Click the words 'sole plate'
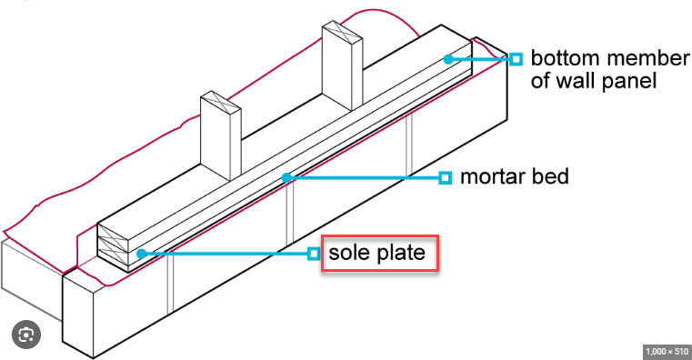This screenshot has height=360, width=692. [376, 253]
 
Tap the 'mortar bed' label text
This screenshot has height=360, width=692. [514, 176]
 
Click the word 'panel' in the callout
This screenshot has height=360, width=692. [632, 82]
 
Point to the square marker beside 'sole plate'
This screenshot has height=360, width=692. [314, 254]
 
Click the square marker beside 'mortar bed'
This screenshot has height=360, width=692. [446, 178]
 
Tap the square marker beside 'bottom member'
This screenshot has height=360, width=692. [516, 59]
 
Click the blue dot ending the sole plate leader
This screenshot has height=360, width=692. [141, 254]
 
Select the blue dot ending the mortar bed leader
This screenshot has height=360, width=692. [286, 177]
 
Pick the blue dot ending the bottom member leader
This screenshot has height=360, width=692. [448, 59]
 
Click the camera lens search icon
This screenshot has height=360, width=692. [26, 335]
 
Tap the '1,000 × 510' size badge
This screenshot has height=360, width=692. [667, 351]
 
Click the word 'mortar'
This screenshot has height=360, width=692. [493, 177]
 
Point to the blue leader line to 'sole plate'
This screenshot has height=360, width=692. [225, 254]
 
